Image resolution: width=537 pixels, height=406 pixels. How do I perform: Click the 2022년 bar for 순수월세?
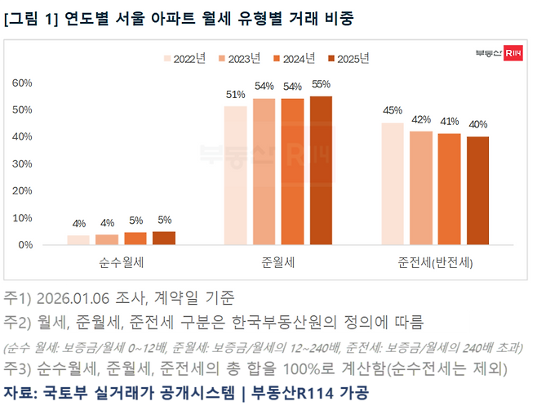[x=78, y=239]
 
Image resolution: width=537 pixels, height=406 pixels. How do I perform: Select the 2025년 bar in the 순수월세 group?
[x=164, y=238]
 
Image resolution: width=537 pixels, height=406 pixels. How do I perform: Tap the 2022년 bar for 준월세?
[x=236, y=176]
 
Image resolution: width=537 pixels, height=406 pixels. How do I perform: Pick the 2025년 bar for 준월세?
[x=321, y=171]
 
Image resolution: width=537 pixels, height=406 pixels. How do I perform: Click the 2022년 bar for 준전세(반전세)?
[x=393, y=184]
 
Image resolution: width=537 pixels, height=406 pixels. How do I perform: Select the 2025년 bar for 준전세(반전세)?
[x=477, y=190]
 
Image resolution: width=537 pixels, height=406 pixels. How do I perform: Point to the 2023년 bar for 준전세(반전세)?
[x=421, y=188]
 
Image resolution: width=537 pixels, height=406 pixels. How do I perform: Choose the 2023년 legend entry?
[x=240, y=58]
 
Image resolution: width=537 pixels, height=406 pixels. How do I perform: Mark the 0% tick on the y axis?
[x=25, y=245]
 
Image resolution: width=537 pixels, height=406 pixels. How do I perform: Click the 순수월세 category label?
[x=122, y=263]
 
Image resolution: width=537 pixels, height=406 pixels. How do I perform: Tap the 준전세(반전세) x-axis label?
[x=436, y=263]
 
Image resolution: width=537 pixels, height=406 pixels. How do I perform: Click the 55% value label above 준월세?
[x=322, y=84]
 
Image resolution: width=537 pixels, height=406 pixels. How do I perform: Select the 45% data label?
[x=393, y=111]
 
